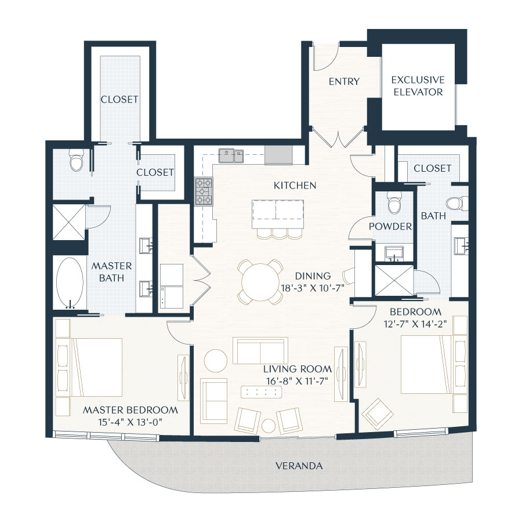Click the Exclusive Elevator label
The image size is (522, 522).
click(418, 86)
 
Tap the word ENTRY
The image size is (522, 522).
click(344, 82)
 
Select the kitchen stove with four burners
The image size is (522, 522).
click(203, 191)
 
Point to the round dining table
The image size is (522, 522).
click(260, 282)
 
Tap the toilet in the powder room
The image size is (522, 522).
click(394, 203)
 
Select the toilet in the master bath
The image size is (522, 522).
click(76, 161)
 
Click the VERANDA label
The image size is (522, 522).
click(299, 466)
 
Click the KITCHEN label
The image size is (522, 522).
click(296, 186)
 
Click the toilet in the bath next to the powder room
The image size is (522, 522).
click(458, 204)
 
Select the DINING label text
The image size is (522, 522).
click(312, 276)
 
